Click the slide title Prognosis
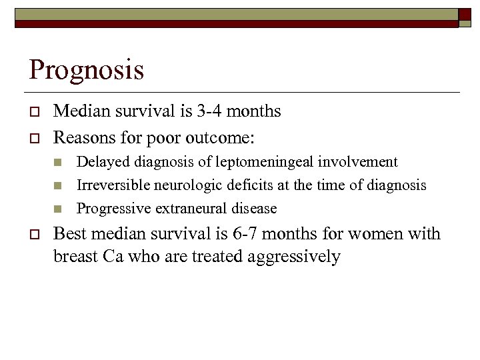86,70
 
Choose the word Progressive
113,209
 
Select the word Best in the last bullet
69,233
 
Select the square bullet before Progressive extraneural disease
58,209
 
